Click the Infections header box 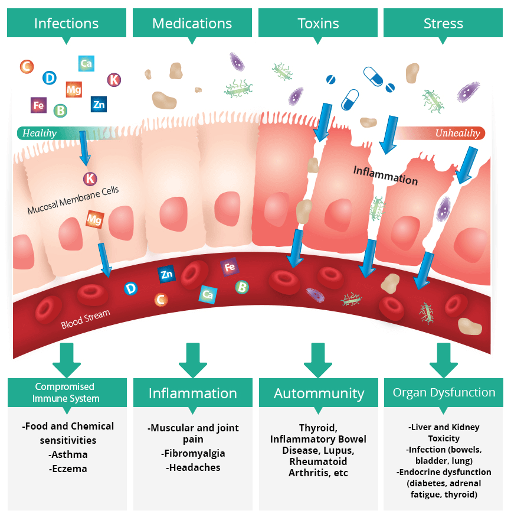tap(66, 24)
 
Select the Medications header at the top tap(192, 24)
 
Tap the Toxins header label tap(318, 24)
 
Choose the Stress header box tap(443, 24)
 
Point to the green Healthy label tap(40, 133)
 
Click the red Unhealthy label tap(457, 133)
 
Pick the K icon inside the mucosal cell tap(90, 178)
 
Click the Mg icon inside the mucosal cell tap(95, 219)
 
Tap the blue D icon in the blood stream tap(130, 288)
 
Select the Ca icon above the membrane tap(86, 63)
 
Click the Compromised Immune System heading tap(67, 392)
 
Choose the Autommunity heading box tap(319, 393)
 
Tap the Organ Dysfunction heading tap(444, 392)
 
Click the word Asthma tap(68, 454)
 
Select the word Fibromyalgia tap(193, 453)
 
